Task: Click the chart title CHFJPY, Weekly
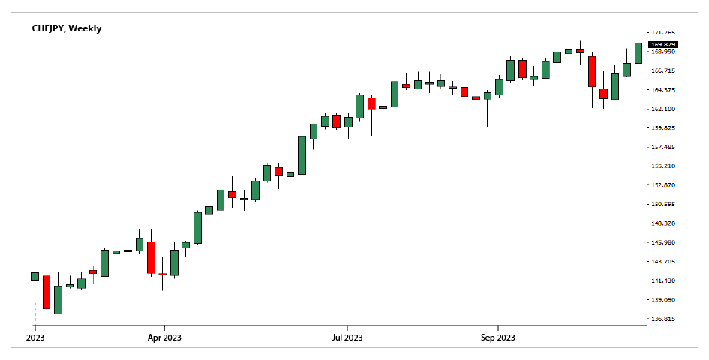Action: click(x=66, y=28)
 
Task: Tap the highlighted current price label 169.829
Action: click(x=664, y=44)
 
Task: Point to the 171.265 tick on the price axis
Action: click(x=664, y=33)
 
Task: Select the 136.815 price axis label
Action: click(x=664, y=319)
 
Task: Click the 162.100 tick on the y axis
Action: click(x=664, y=109)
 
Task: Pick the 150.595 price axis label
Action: click(x=664, y=204)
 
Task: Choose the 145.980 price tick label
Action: click(x=664, y=242)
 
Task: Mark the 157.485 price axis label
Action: click(x=664, y=147)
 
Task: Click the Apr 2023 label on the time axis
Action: click(x=164, y=337)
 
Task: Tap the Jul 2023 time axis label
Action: click(x=347, y=337)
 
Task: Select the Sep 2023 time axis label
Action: click(x=498, y=337)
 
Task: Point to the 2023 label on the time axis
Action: click(x=35, y=337)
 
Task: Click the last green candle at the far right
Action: click(x=638, y=53)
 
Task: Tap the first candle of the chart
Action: click(x=35, y=276)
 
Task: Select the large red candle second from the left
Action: click(x=47, y=292)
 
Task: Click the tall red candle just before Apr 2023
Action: click(x=151, y=256)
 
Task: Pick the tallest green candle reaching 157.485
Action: click(x=302, y=155)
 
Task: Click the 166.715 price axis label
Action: click(x=664, y=70)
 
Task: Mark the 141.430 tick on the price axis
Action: click(x=664, y=280)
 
